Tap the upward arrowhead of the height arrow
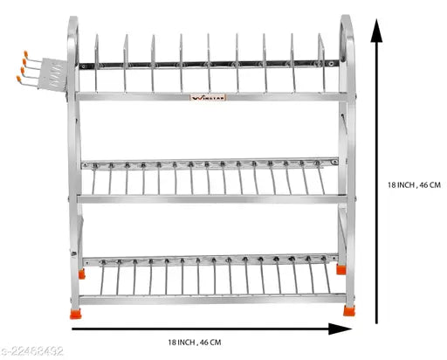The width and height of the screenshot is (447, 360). tap(376, 35)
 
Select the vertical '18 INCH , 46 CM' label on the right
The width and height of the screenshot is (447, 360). tap(412, 185)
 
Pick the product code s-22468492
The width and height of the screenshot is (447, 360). tap(33, 352)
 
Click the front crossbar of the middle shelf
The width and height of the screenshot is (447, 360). tap(210, 199)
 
